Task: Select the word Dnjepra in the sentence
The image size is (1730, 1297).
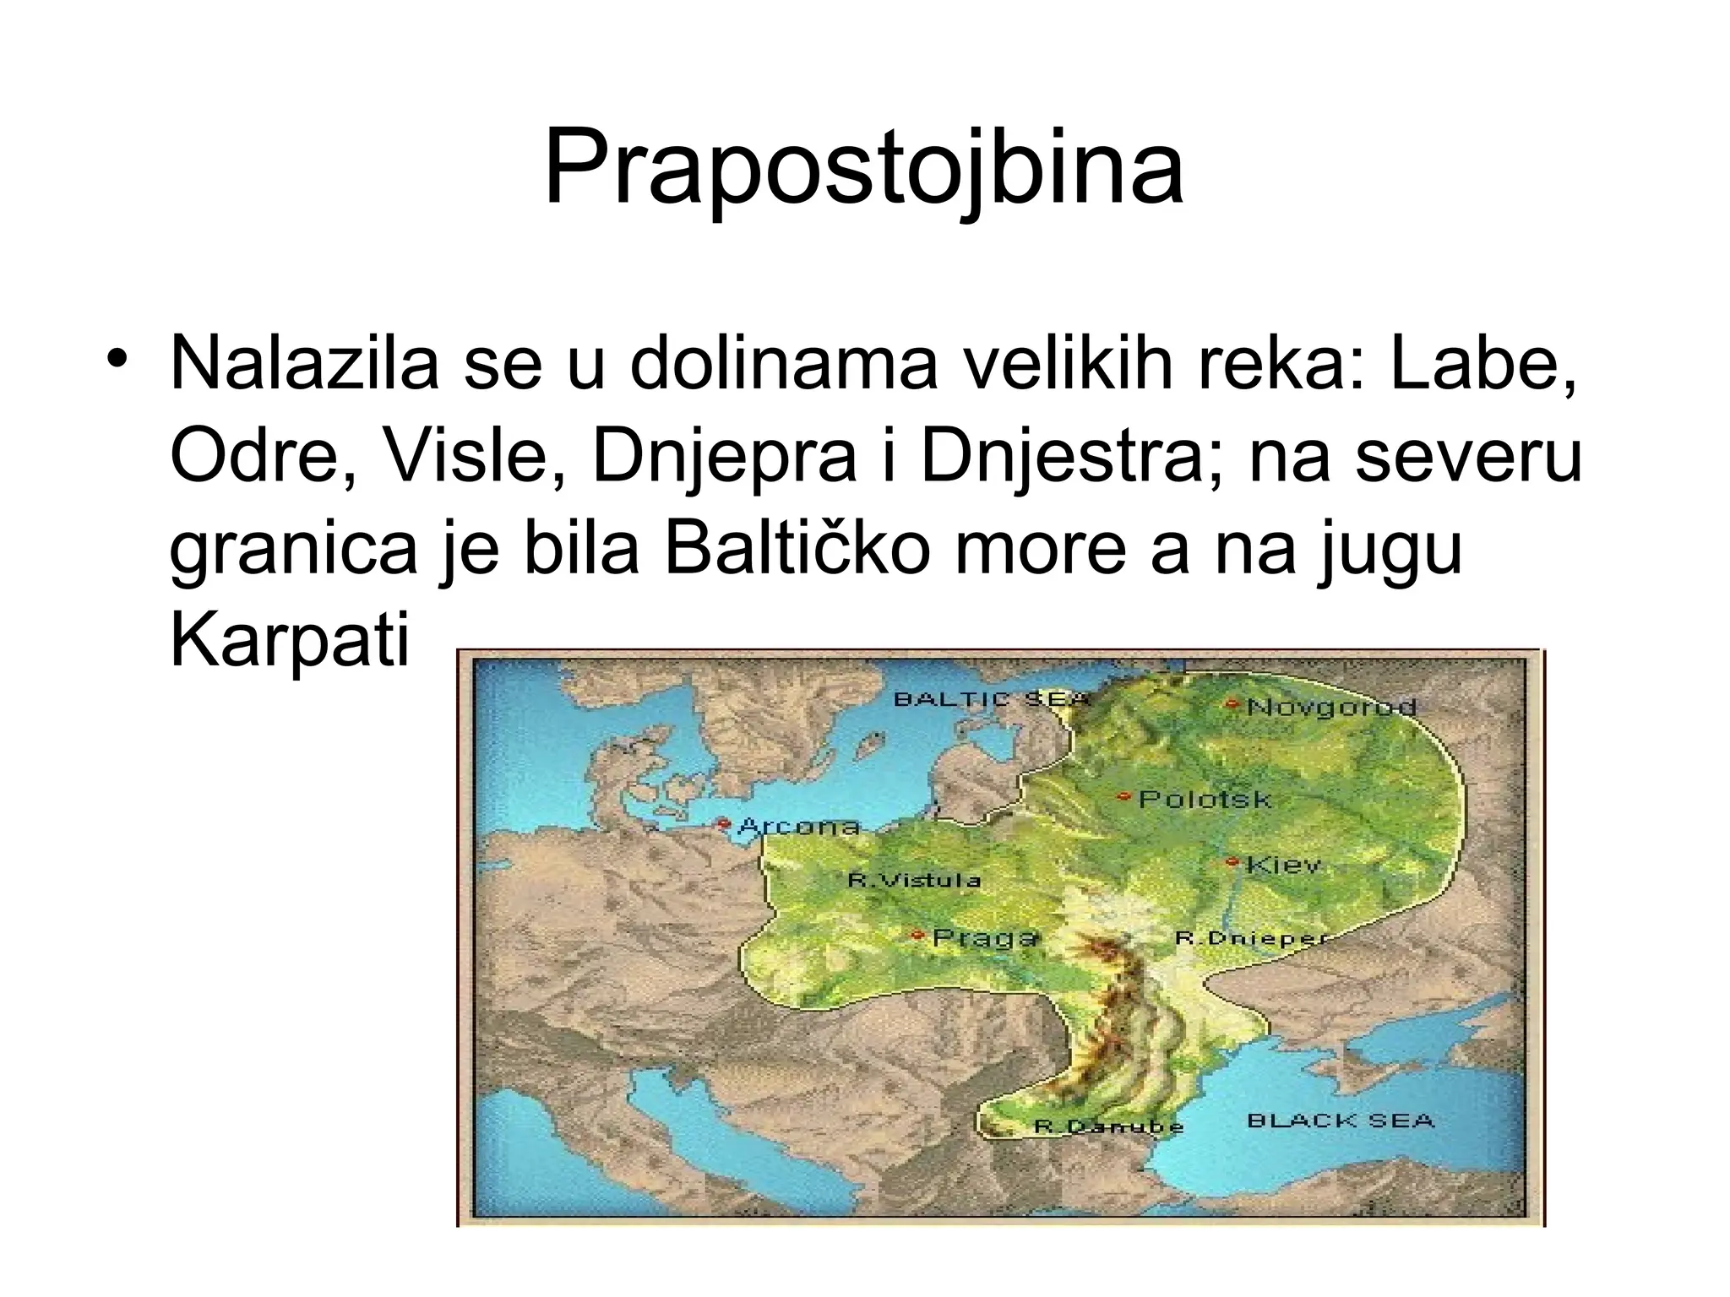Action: (x=722, y=457)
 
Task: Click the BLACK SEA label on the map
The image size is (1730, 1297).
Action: (x=1341, y=1121)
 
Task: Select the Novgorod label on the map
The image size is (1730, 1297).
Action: (x=1331, y=706)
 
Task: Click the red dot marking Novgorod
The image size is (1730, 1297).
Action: (x=1232, y=703)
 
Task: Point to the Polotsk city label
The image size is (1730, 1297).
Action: (x=1205, y=798)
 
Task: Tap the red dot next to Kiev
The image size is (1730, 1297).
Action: (x=1232, y=862)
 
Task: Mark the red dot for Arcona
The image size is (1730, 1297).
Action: (x=723, y=822)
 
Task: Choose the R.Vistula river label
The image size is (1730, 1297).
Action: (x=914, y=881)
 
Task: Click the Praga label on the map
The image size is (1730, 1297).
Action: (x=984, y=937)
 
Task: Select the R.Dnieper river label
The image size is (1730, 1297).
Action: (x=1250, y=938)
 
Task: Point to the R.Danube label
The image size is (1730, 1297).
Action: (x=1108, y=1126)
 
